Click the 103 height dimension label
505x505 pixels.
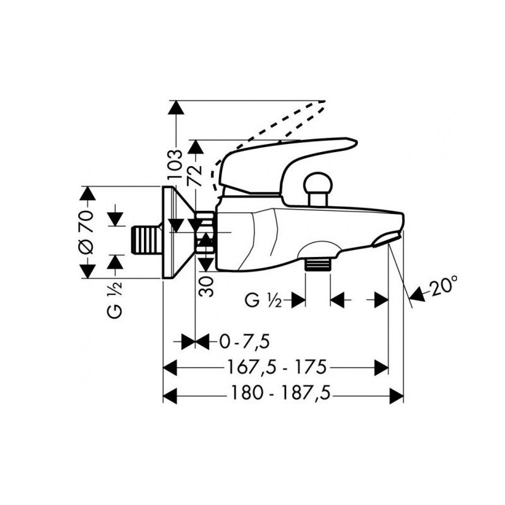pos(175,164)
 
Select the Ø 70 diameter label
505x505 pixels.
pos(87,232)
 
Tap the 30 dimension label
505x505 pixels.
pos(206,287)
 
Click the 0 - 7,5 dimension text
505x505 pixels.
pos(244,342)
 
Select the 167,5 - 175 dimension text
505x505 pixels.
pos(277,367)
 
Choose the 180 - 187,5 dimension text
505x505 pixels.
pos(281,393)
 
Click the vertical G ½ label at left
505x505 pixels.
pos(116,299)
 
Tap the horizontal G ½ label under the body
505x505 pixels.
pos(263,300)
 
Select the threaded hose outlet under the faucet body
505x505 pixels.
pos(318,264)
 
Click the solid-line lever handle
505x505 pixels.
pos(287,167)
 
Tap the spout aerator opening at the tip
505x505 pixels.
pos(386,240)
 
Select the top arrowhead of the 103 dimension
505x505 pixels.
pos(176,107)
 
